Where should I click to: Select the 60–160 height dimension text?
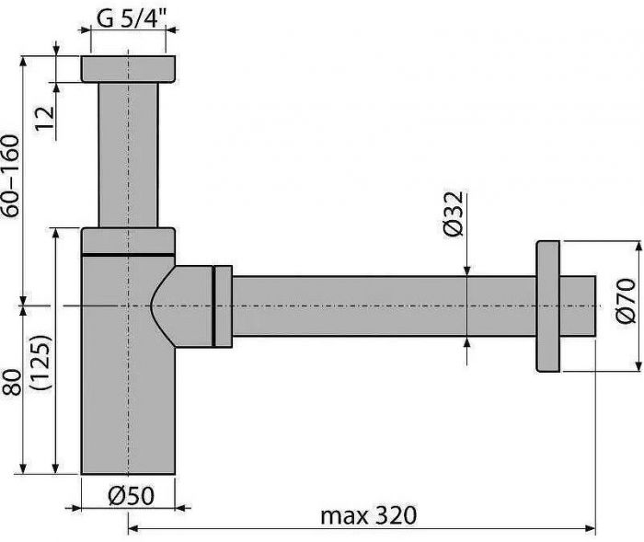pos(10,176)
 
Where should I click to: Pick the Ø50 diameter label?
pos(129,495)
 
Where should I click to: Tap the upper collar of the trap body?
pos(128,239)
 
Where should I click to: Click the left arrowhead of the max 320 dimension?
pos(132,528)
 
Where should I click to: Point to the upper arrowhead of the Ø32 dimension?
pos(468,270)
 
